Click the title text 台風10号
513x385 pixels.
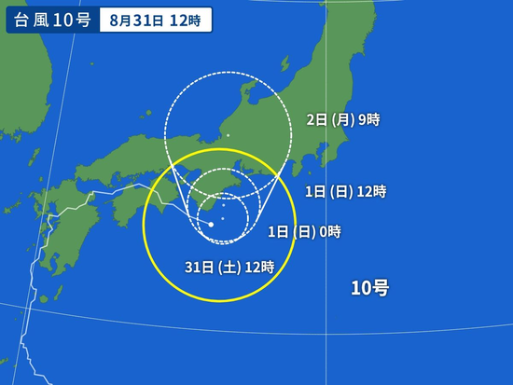[51, 20]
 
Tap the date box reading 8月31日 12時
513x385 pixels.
[155, 20]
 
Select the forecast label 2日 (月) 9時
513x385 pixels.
[343, 119]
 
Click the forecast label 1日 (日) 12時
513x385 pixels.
[345, 191]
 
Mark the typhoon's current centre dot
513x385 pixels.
[211, 225]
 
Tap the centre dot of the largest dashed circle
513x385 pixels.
[228, 136]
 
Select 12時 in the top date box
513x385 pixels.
[186, 20]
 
